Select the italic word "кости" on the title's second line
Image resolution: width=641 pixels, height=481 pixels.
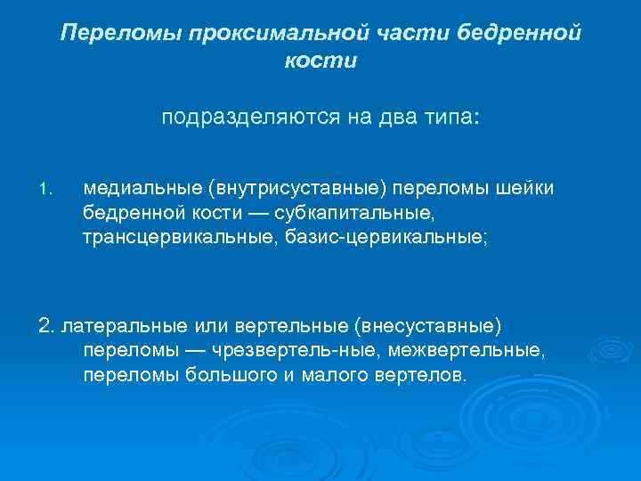coord(320,61)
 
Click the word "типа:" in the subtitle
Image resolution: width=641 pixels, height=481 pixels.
coord(451,118)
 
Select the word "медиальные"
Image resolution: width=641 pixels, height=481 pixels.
coord(143,188)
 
